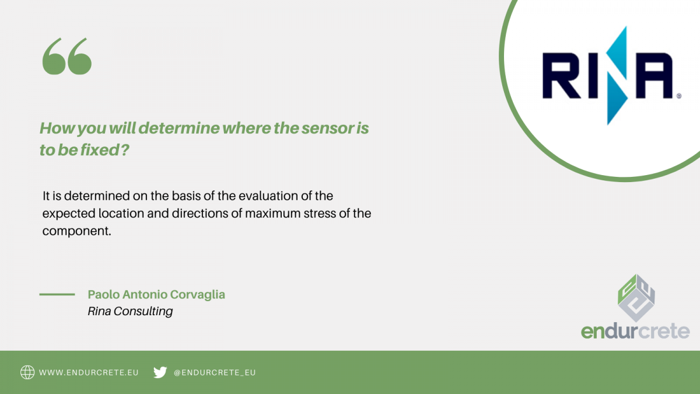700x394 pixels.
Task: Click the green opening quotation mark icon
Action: click(67, 56)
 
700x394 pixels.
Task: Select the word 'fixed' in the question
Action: click(99, 150)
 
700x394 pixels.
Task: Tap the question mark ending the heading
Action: click(125, 150)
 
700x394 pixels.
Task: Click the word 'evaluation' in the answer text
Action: click(268, 196)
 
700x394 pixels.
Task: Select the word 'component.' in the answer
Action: click(77, 232)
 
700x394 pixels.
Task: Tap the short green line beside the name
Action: click(57, 294)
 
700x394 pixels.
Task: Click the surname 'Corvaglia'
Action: click(198, 295)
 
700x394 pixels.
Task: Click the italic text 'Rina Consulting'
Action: click(130, 312)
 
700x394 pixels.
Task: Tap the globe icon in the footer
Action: click(27, 372)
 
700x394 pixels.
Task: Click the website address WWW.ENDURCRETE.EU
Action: click(89, 373)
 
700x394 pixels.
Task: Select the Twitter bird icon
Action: click(160, 372)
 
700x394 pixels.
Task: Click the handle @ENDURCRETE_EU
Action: click(215, 373)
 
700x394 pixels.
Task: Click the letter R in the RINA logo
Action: click(561, 76)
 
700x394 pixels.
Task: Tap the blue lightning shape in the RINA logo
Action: click(617, 76)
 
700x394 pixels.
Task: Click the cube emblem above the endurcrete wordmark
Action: click(636, 298)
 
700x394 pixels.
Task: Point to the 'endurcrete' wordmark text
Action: click(635, 331)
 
